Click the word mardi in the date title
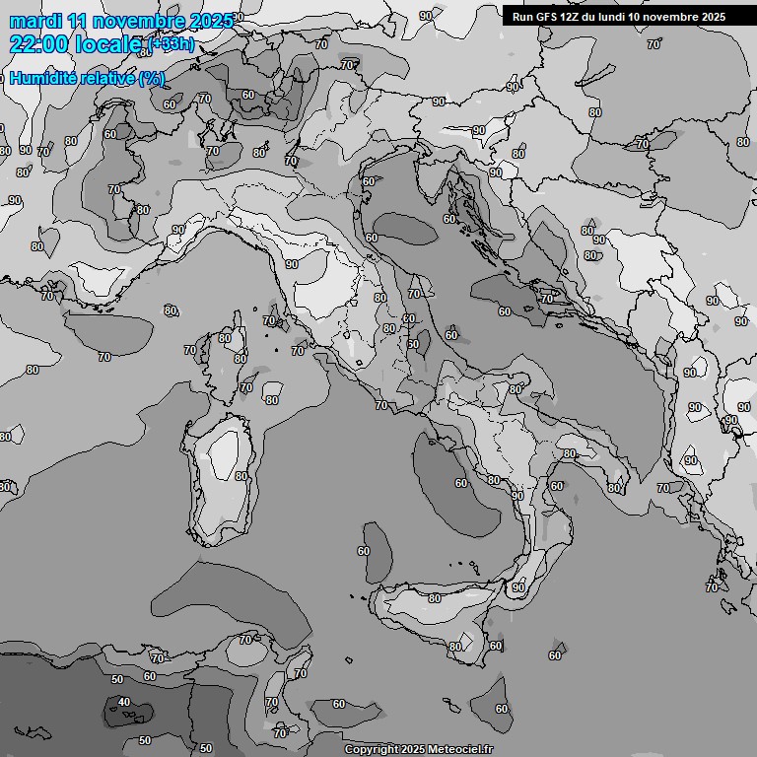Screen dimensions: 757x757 tap(34, 21)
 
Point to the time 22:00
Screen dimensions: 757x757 tap(37, 44)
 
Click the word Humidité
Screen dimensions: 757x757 tap(44, 79)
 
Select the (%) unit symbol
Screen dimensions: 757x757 tap(151, 79)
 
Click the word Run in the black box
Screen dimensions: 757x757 tap(522, 17)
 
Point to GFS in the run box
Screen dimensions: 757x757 tap(547, 17)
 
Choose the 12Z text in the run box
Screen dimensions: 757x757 tap(572, 17)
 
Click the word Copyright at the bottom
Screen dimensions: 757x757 tap(371, 749)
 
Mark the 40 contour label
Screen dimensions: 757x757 tap(123, 702)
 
